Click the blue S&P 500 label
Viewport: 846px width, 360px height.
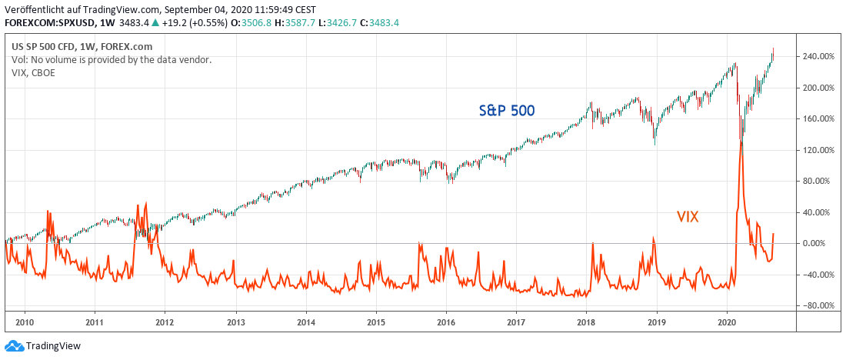pyautogui.click(x=507, y=110)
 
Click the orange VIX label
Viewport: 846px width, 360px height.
pyautogui.click(x=687, y=217)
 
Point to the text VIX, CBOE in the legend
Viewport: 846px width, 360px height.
pyautogui.click(x=33, y=73)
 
